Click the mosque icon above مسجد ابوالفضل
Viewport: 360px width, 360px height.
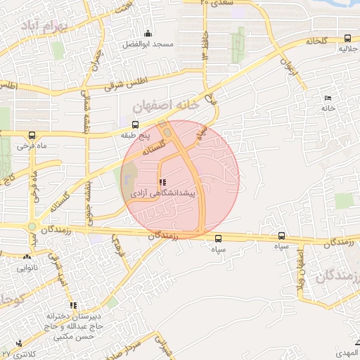point(148,33)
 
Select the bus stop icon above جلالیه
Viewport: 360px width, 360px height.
point(347,39)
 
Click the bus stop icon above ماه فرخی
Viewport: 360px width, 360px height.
point(32,135)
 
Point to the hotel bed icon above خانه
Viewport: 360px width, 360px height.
point(327,98)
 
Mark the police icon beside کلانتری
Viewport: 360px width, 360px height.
point(18,344)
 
